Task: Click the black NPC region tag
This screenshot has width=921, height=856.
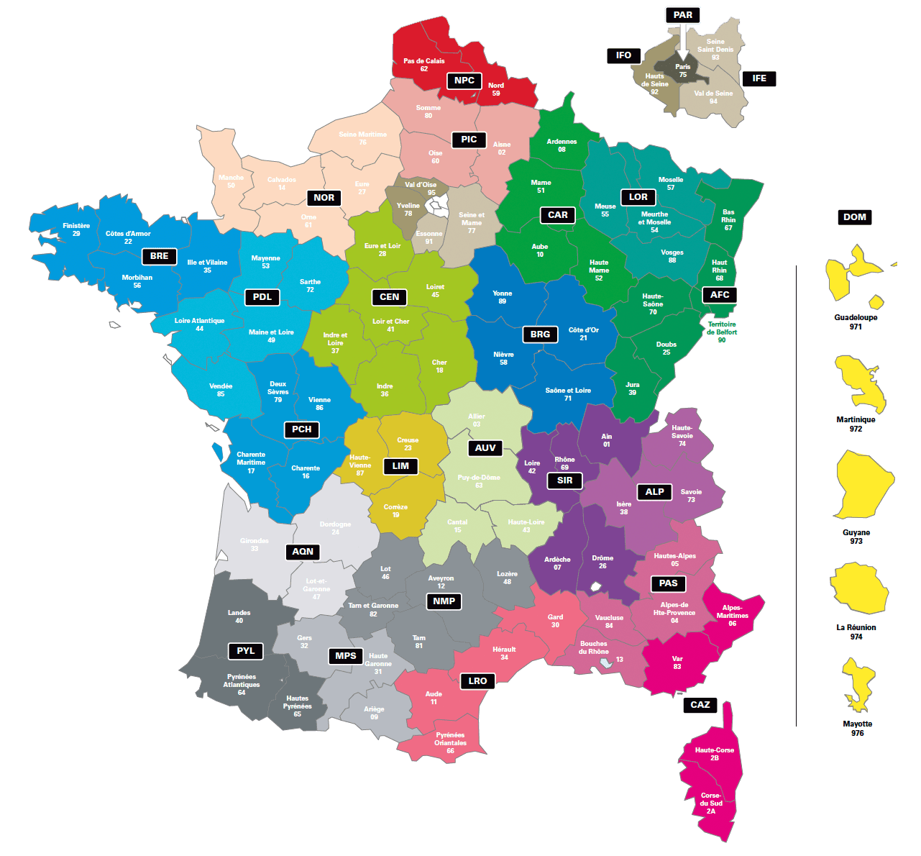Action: pyautogui.click(x=464, y=81)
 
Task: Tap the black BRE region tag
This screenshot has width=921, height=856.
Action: pyautogui.click(x=160, y=256)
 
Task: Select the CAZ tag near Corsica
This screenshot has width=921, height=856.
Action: pyautogui.click(x=700, y=705)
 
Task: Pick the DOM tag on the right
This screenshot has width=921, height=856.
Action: pyautogui.click(x=855, y=217)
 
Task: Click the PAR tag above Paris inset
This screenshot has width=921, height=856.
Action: pyautogui.click(x=683, y=15)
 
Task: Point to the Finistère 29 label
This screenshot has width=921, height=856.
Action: pyautogui.click(x=76, y=229)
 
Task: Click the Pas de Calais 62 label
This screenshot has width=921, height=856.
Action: pyautogui.click(x=424, y=65)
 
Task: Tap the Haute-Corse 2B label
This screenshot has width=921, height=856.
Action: pyautogui.click(x=715, y=754)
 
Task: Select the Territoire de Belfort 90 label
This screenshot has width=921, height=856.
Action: pyautogui.click(x=722, y=332)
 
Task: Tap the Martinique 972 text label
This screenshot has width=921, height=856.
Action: pyautogui.click(x=856, y=424)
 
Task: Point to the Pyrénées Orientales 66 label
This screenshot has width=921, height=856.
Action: pyautogui.click(x=450, y=743)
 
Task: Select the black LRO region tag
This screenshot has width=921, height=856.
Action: pyautogui.click(x=478, y=681)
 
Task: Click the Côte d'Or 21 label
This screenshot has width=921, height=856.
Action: pyautogui.click(x=583, y=334)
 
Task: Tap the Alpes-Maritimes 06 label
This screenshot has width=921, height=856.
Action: pyautogui.click(x=732, y=615)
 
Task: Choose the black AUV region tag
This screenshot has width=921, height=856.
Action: pyautogui.click(x=485, y=448)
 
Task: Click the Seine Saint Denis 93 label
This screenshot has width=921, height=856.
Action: pyautogui.click(x=715, y=50)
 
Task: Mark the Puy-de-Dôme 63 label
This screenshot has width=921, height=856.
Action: pyautogui.click(x=479, y=481)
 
